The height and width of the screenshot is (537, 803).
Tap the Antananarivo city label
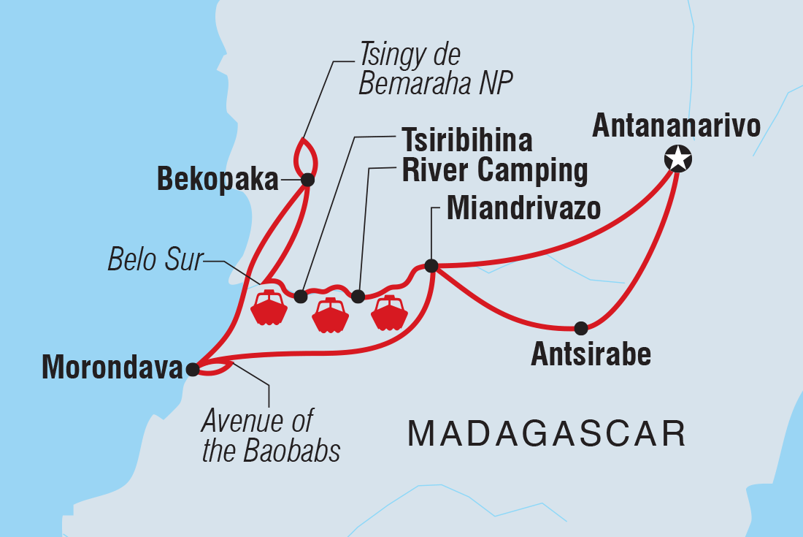click(x=676, y=125)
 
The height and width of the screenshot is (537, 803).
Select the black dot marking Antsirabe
click(x=580, y=327)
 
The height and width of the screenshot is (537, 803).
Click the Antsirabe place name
click(x=591, y=355)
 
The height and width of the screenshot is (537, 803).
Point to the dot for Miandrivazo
click(x=431, y=266)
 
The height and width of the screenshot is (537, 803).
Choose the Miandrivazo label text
click(x=523, y=209)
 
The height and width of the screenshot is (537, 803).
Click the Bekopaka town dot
click(x=307, y=179)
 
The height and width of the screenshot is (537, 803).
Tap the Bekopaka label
click(x=218, y=180)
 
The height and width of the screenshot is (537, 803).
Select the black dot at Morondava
click(x=192, y=370)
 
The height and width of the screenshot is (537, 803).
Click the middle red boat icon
click(x=331, y=316)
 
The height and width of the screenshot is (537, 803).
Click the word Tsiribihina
click(x=466, y=140)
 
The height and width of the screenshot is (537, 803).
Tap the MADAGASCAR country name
click(x=547, y=433)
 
